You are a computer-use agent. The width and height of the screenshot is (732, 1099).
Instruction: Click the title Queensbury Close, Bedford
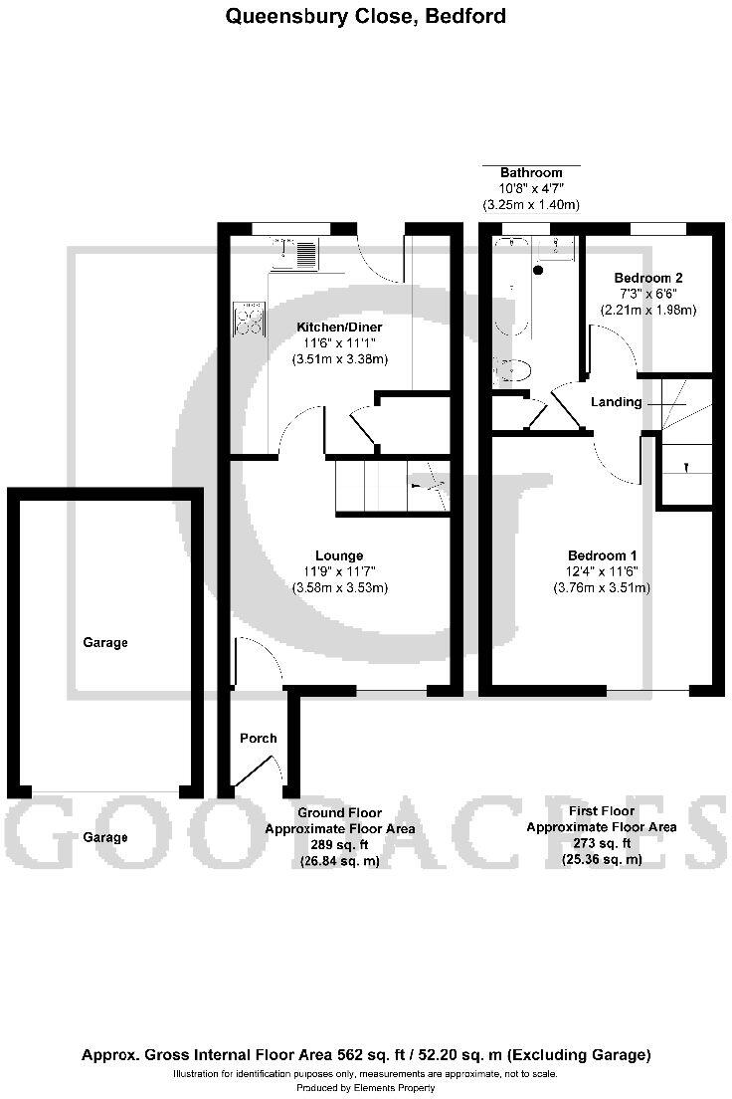tap(366, 16)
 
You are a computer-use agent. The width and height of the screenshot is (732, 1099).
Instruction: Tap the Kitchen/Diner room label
tap(339, 327)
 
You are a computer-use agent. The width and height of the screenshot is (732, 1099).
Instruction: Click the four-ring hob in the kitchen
tap(249, 319)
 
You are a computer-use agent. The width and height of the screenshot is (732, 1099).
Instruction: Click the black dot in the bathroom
tap(539, 270)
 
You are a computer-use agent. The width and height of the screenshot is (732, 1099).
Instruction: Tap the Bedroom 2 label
tap(647, 277)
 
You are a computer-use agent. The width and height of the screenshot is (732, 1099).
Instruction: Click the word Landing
tap(617, 402)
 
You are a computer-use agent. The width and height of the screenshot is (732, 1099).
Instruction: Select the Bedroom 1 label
tap(602, 555)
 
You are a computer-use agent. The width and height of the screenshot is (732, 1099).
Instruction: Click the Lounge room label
tap(339, 555)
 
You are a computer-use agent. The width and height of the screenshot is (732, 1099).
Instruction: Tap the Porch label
tap(259, 738)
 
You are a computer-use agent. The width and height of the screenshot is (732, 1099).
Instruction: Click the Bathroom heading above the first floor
tap(531, 172)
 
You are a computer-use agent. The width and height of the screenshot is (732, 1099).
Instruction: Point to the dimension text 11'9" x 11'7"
tap(339, 571)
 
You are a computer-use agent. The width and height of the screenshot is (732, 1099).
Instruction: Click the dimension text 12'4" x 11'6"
tap(602, 571)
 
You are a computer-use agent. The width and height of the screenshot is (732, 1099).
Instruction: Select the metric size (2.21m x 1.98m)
tap(647, 310)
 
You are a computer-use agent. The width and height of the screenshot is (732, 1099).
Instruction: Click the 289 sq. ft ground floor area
tap(339, 845)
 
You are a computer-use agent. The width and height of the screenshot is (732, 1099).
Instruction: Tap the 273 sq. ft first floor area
tap(602, 843)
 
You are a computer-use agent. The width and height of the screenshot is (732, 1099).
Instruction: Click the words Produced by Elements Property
tap(366, 1088)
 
